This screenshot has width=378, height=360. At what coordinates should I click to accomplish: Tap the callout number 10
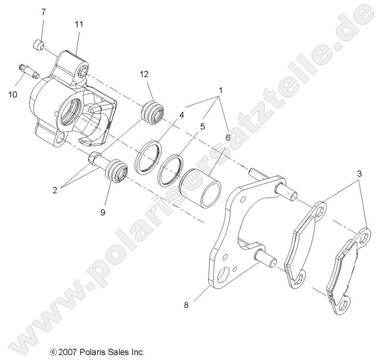coord(13,94)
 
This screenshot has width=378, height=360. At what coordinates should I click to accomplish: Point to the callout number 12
coord(144,75)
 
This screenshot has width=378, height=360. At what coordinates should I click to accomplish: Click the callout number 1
coord(221,91)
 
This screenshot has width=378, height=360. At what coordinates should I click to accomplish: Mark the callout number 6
coord(227,138)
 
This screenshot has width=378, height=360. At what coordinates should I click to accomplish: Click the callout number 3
coord(360,174)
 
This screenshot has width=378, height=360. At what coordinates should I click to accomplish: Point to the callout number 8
coord(186,305)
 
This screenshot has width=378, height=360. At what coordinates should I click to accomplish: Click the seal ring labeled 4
coord(149,157)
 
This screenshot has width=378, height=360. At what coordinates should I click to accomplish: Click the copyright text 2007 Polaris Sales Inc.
coord(97,352)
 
